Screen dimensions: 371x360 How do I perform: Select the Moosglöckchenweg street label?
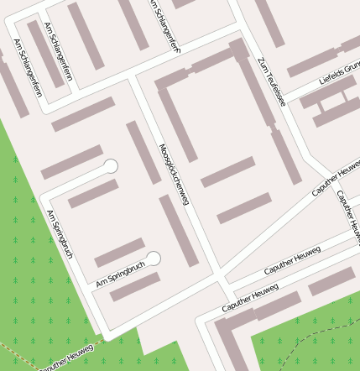tap(174, 175)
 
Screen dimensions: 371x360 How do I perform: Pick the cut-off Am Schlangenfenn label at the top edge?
tap(164, 25)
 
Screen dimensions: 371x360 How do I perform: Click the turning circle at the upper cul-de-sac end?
tap(110, 166)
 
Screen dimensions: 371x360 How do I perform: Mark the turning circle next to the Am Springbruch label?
tap(153, 259)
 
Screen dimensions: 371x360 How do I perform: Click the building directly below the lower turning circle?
tap(135, 286)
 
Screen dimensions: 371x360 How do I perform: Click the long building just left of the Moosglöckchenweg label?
tap(143, 152)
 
